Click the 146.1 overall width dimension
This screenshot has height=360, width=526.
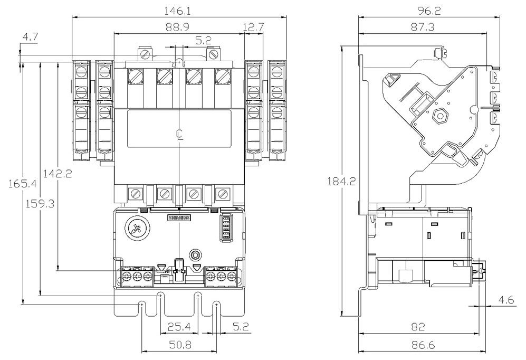pyautogui.click(x=179, y=10)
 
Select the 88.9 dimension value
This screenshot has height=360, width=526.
pyautogui.click(x=179, y=26)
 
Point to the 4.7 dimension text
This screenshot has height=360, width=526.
pyautogui.click(x=30, y=37)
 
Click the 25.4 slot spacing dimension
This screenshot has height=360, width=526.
pyautogui.click(x=179, y=327)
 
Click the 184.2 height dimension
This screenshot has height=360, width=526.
pyautogui.click(x=341, y=182)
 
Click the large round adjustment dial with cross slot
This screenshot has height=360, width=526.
pyautogui.click(x=136, y=229)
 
